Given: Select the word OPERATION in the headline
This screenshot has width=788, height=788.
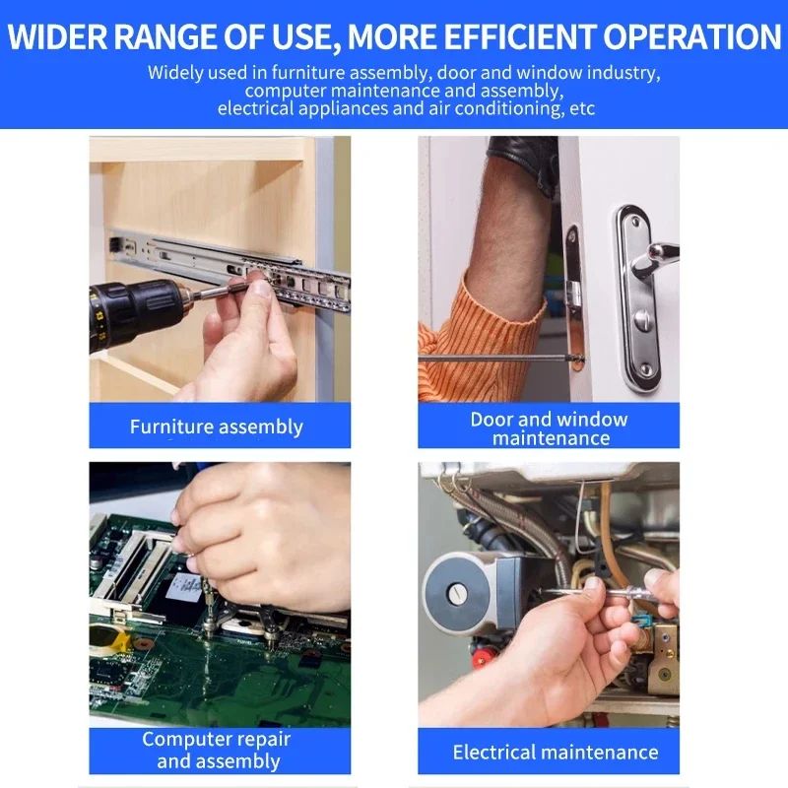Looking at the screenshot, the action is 692,36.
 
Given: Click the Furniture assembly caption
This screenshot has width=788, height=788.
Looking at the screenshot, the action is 217,427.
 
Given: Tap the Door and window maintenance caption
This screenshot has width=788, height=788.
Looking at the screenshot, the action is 550,428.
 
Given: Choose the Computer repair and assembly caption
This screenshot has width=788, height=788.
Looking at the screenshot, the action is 217,750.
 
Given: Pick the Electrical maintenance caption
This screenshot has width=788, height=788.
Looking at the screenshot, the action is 556,752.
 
